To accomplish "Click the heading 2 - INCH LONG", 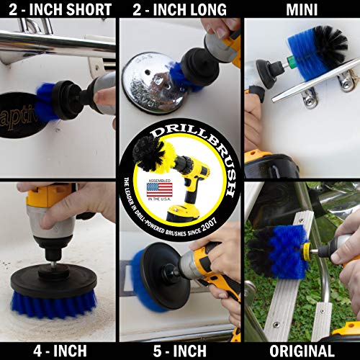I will pyautogui.click(x=180, y=9).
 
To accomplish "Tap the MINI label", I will pyautogui.click(x=302, y=9).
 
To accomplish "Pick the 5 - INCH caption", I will pyautogui.click(x=180, y=351).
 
